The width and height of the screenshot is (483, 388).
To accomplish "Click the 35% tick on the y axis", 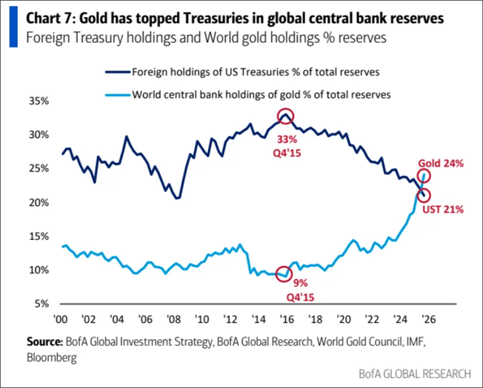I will [x=39, y=101].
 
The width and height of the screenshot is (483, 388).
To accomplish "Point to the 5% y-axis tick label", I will [x=42, y=304].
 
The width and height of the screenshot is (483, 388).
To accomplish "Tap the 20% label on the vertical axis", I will [x=39, y=202].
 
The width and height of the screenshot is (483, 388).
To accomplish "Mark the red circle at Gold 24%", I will [x=424, y=175].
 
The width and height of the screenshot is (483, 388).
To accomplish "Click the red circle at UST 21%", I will [x=424, y=195].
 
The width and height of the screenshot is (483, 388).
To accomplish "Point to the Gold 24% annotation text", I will [x=441, y=164].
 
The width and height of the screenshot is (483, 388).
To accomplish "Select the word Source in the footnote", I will [x=42, y=343].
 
